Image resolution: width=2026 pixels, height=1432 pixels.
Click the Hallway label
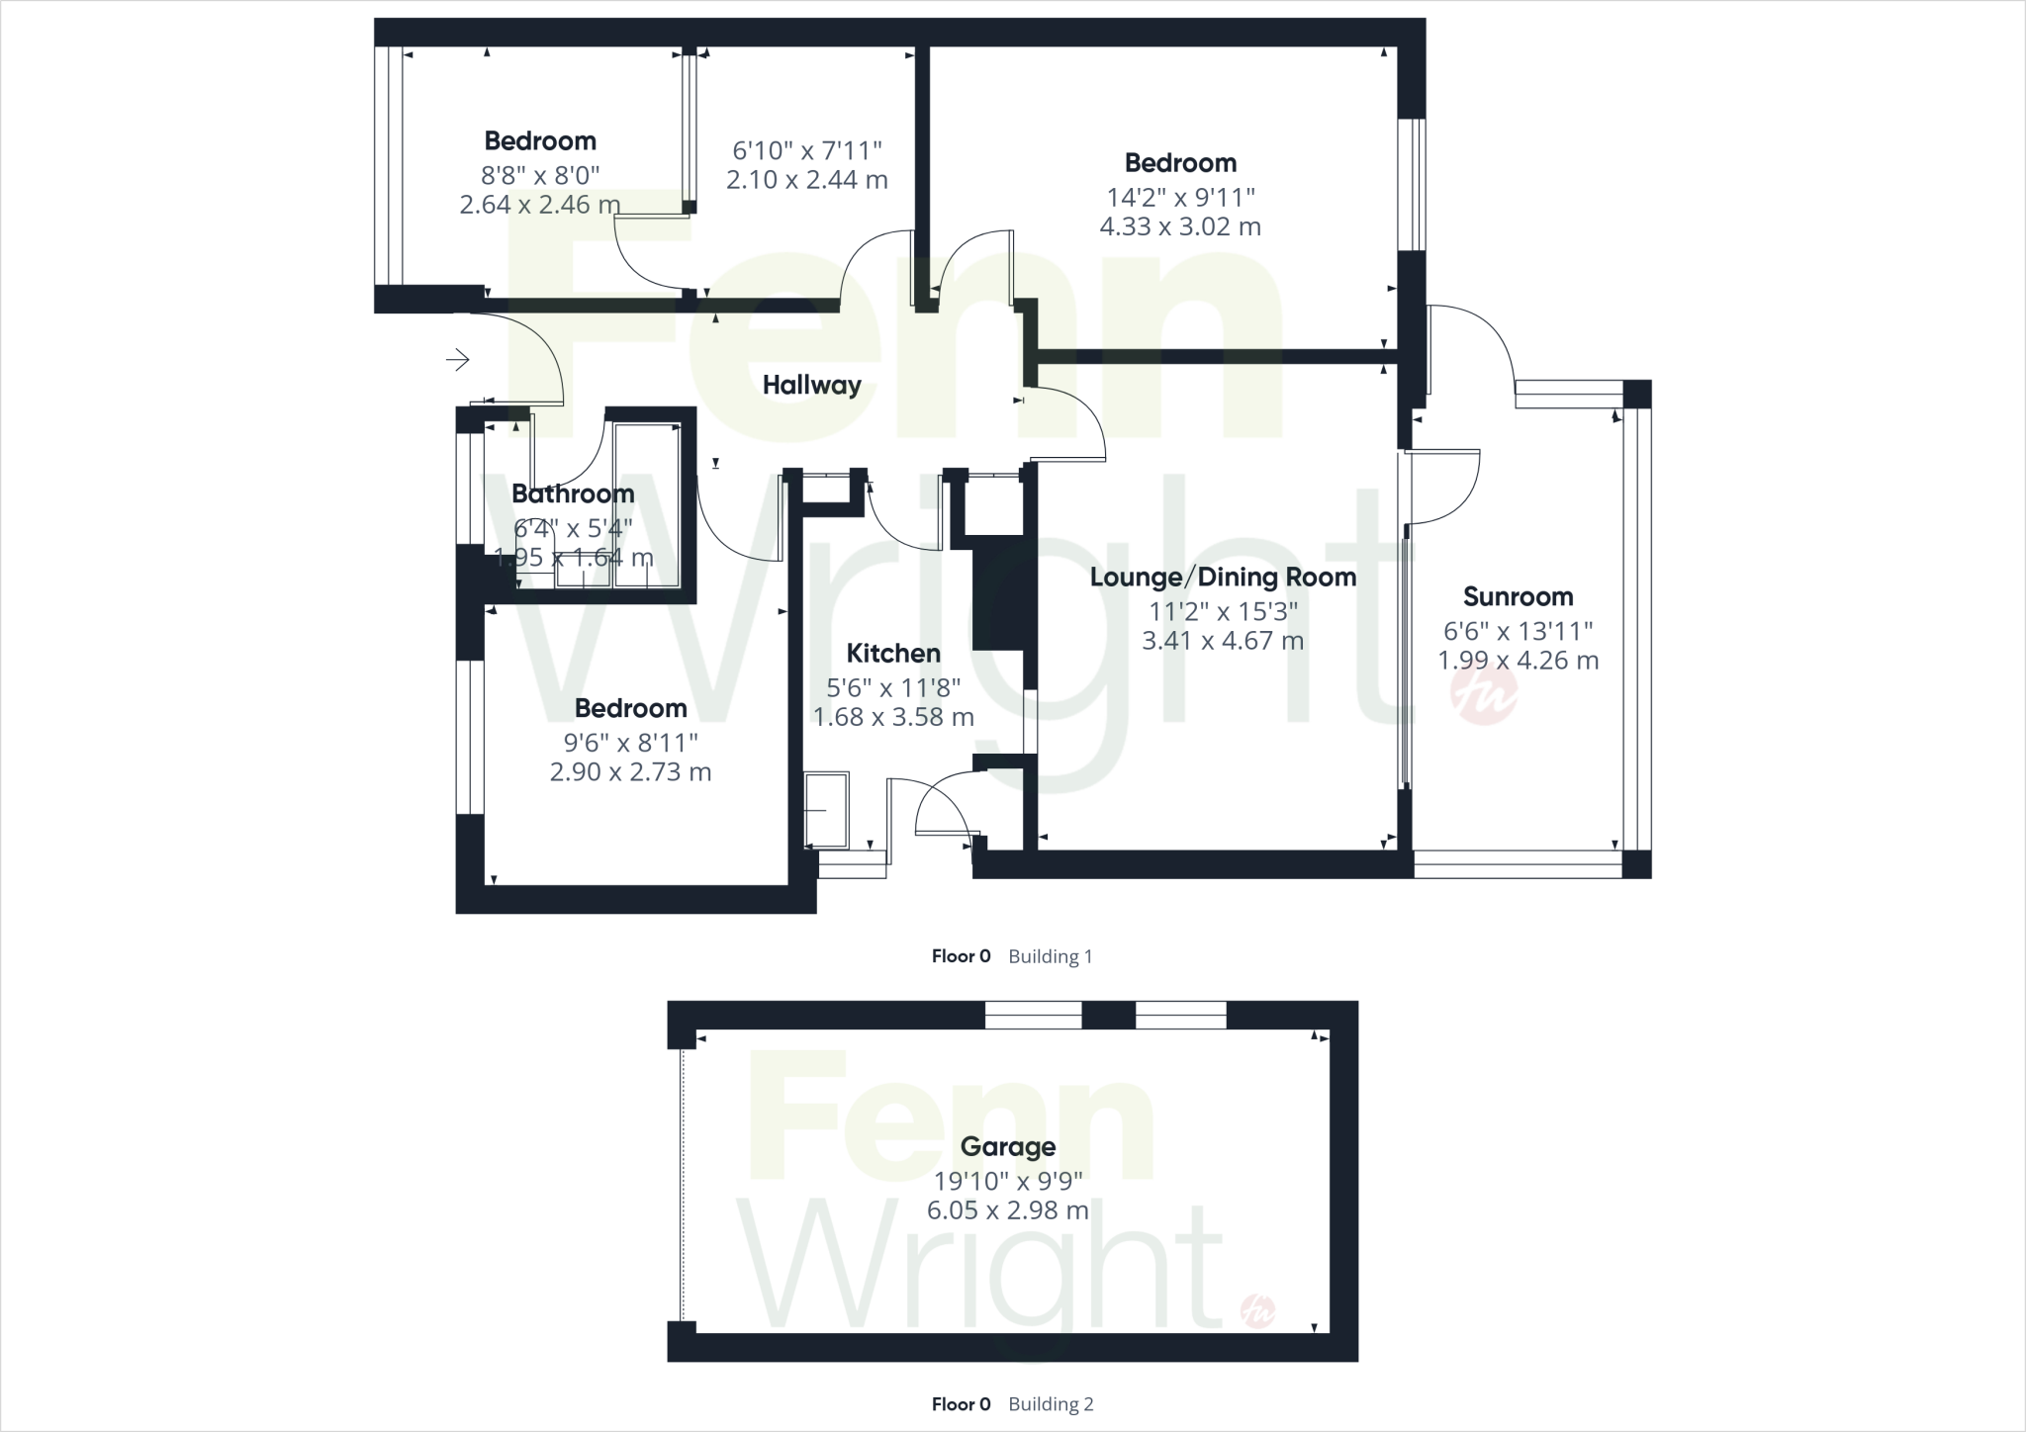coord(811,386)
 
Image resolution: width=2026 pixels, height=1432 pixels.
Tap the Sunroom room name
coord(1518,597)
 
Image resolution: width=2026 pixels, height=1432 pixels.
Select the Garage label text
coord(1007,1147)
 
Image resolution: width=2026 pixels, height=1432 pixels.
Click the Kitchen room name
coord(893,654)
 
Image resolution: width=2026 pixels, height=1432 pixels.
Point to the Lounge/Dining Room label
coord(1223,578)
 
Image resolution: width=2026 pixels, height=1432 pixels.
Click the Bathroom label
coord(573,494)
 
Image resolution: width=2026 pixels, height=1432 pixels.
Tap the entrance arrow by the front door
coord(457,360)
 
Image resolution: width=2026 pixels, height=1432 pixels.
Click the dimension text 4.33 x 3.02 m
coord(1180,226)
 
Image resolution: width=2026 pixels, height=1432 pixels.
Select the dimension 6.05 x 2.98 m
coord(1007,1210)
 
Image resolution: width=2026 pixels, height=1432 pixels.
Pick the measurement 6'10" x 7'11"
coord(806,151)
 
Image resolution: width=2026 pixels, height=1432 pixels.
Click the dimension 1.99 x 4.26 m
coord(1518,661)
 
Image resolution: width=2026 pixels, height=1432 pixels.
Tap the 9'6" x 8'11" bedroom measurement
coord(630,743)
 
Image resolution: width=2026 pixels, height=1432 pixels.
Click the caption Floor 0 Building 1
coord(1011,956)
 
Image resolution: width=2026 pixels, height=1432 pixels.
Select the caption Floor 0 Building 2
coord(1011,1404)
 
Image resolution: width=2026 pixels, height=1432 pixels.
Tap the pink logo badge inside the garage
coord(1258,1312)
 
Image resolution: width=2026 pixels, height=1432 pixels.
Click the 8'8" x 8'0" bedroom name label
coord(540,141)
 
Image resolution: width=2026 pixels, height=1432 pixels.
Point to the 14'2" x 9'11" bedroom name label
coord(1180,163)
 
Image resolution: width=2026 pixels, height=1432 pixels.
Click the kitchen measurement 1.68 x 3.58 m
coord(893,717)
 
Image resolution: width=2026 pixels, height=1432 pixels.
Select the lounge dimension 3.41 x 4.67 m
coord(1223,641)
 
